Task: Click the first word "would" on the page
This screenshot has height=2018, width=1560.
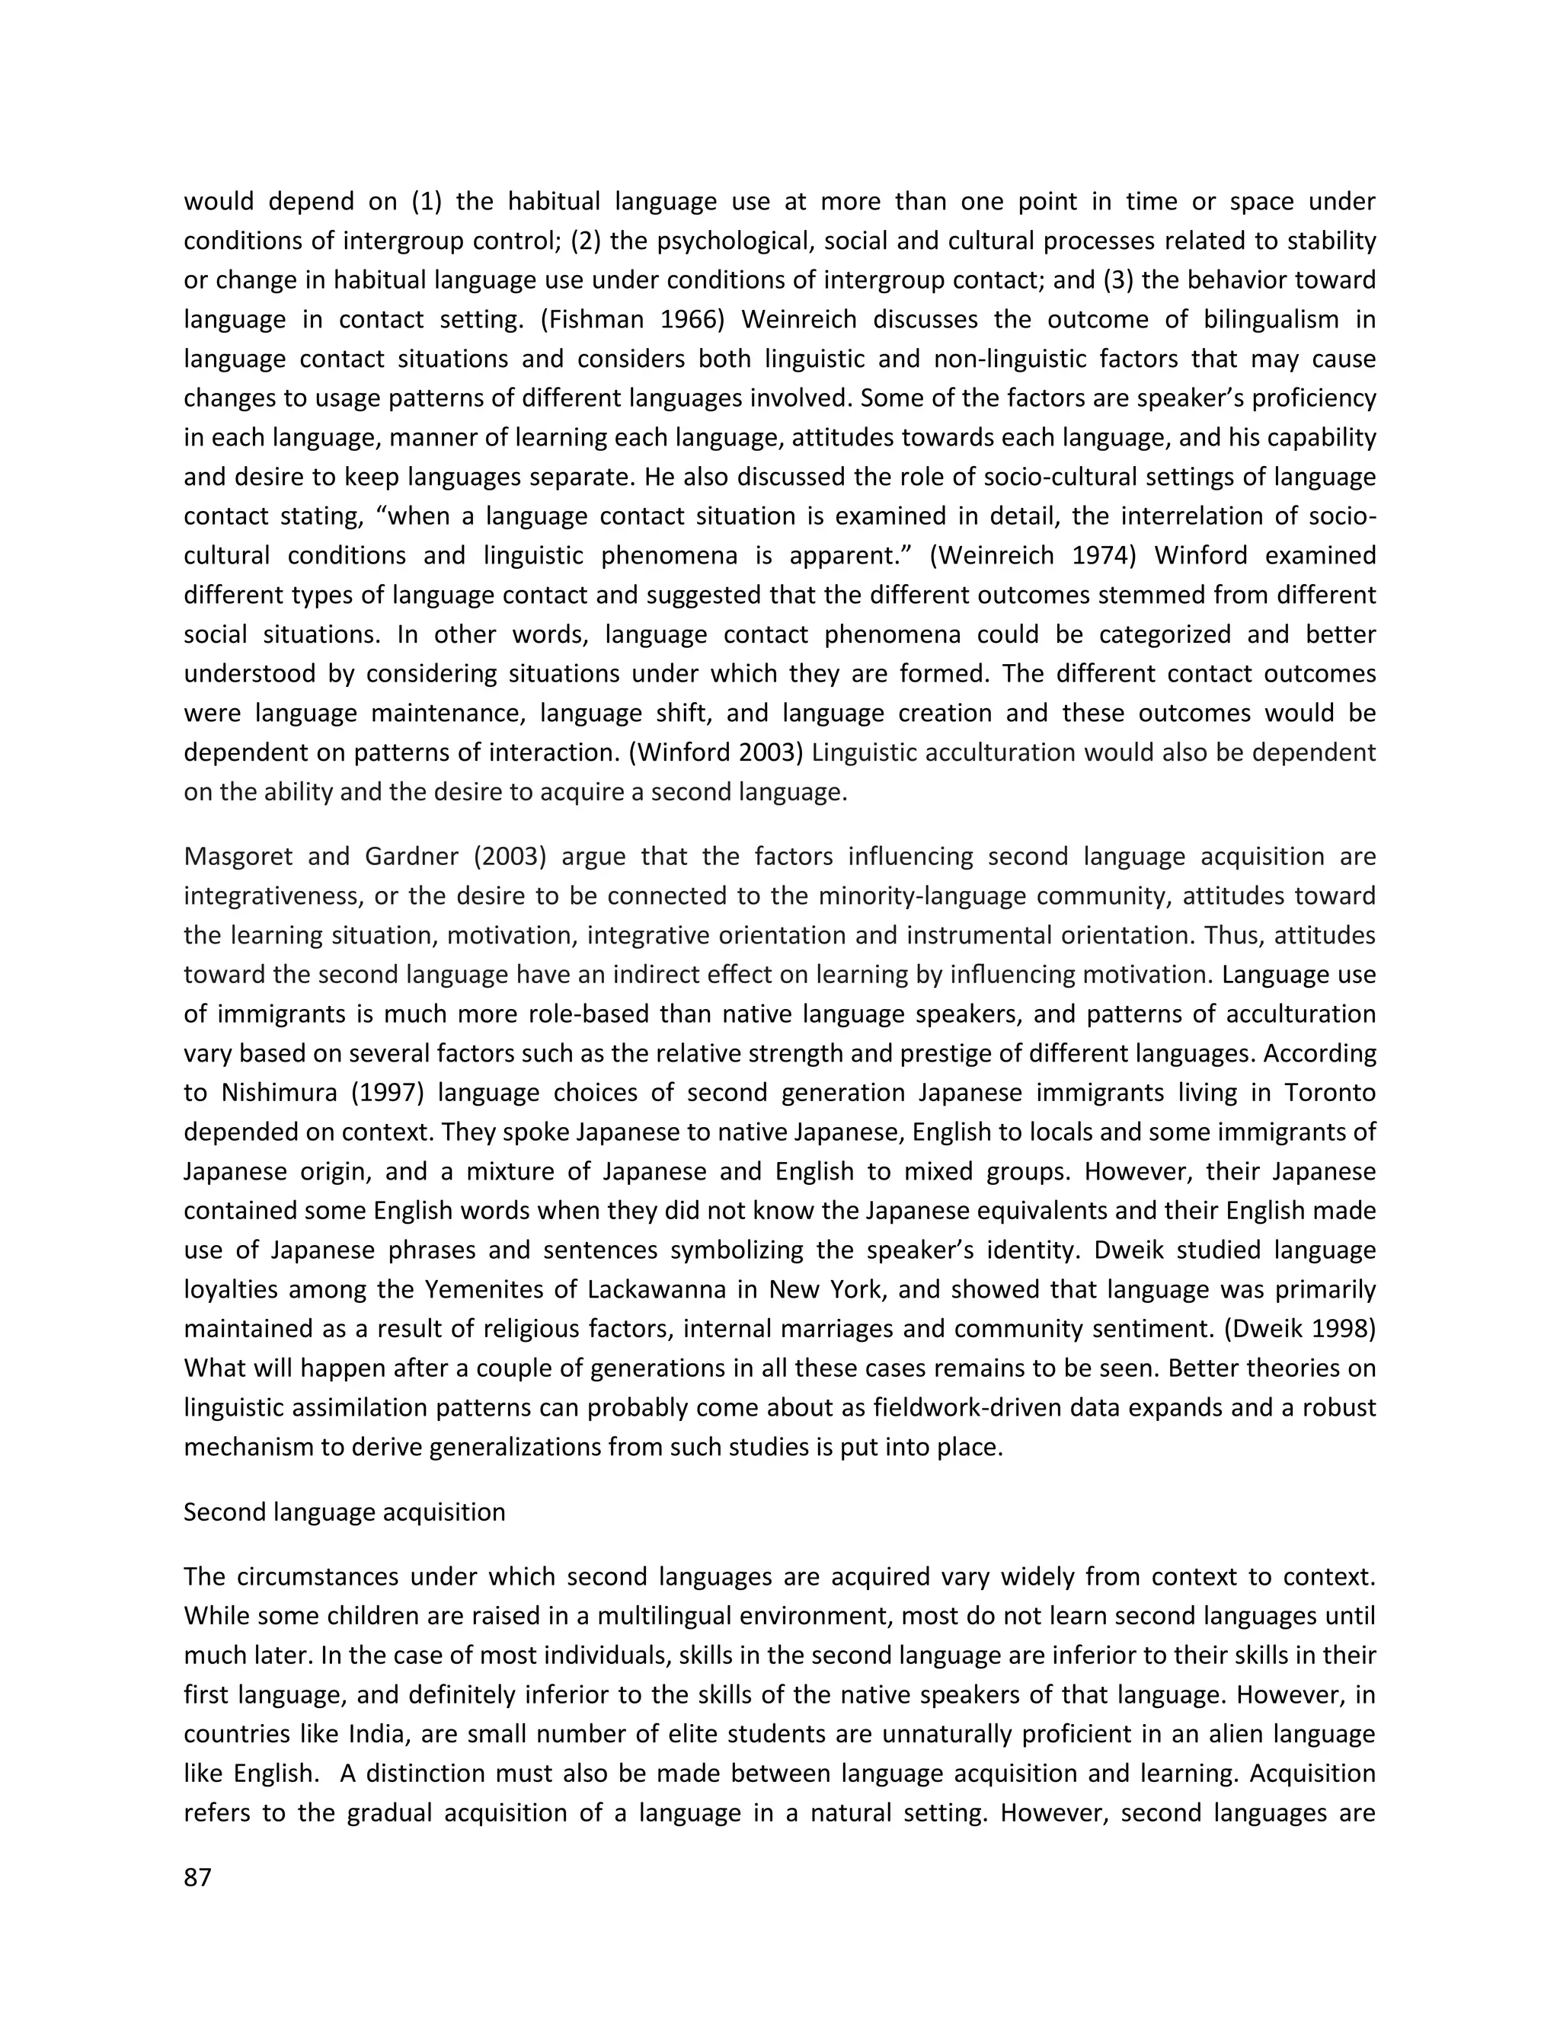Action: [218, 202]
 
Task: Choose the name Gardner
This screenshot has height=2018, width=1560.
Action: [412, 857]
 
